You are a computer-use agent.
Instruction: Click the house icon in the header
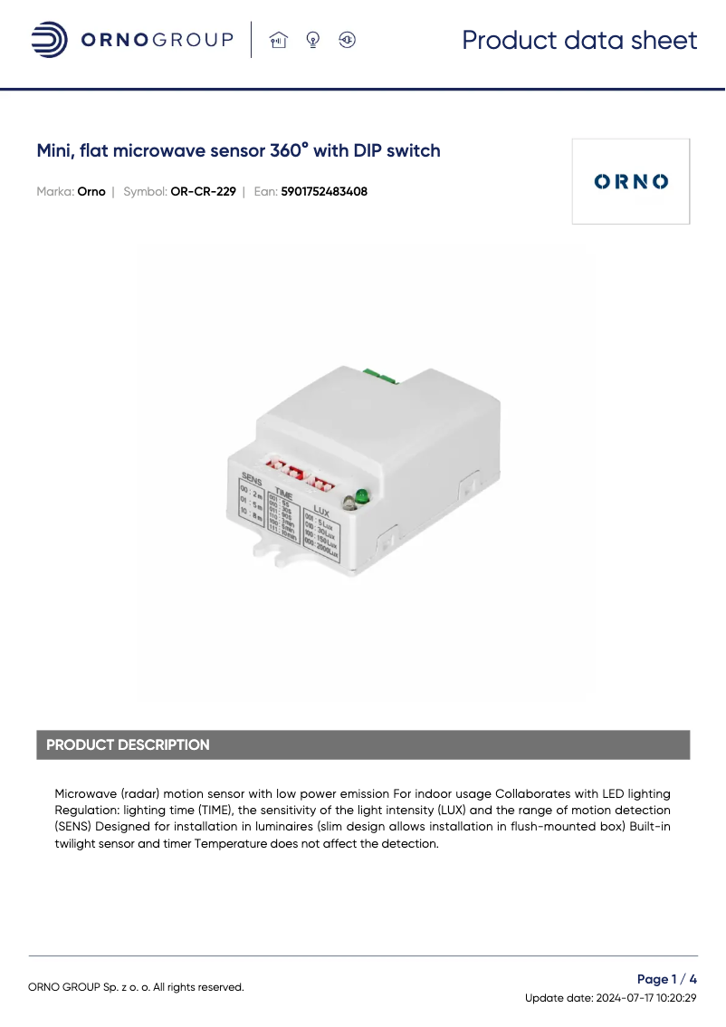pyautogui.click(x=278, y=40)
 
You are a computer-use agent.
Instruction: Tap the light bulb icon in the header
pyautogui.click(x=313, y=40)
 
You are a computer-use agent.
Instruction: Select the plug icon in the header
pyautogui.click(x=348, y=40)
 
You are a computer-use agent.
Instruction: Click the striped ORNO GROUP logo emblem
pyautogui.click(x=49, y=40)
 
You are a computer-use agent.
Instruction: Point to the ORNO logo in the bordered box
pyautogui.click(x=631, y=181)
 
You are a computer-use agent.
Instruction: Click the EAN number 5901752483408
pyautogui.click(x=324, y=192)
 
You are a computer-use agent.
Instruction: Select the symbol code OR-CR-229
pyautogui.click(x=203, y=192)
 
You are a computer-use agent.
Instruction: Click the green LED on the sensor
pyautogui.click(x=361, y=495)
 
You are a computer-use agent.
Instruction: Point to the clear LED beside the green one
pyautogui.click(x=349, y=504)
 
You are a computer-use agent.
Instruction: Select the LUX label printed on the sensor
pyautogui.click(x=320, y=510)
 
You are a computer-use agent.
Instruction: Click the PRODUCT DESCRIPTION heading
pyautogui.click(x=128, y=745)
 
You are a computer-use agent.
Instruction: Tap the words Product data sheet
pyautogui.click(x=579, y=40)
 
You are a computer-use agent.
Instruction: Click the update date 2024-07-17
pyautogui.click(x=625, y=998)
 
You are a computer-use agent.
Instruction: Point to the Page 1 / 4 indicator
pyautogui.click(x=667, y=979)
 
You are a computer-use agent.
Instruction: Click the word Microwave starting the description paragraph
pyautogui.click(x=86, y=793)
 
